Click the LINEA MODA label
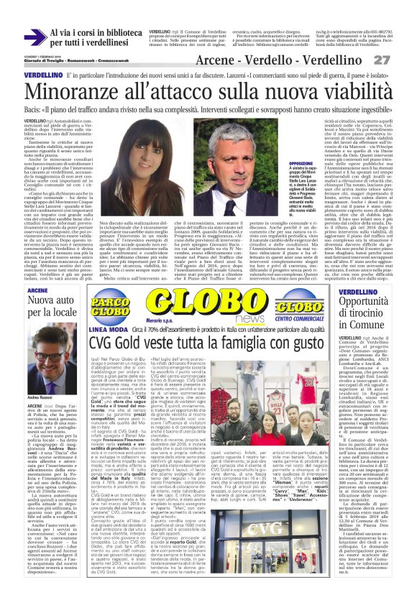[104, 331]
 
